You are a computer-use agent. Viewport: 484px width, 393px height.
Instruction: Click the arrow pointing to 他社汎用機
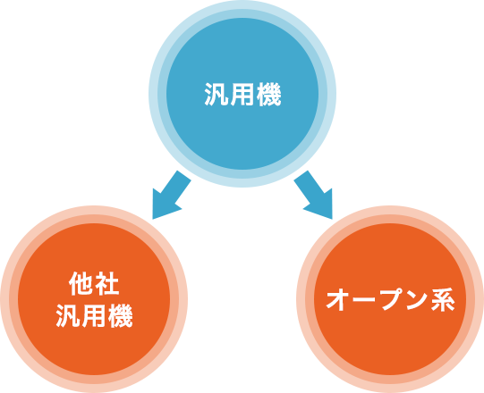coord(172,195)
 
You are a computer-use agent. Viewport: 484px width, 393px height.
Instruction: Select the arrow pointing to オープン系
coord(313,195)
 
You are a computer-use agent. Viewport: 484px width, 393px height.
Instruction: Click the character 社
coord(107,283)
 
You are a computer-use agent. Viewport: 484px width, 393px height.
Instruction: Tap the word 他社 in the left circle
coord(94,283)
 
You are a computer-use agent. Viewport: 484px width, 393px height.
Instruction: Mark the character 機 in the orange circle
coord(121,315)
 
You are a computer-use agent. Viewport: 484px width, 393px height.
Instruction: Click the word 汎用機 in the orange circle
coord(95,315)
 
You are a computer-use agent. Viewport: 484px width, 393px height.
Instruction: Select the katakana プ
coord(390,299)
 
